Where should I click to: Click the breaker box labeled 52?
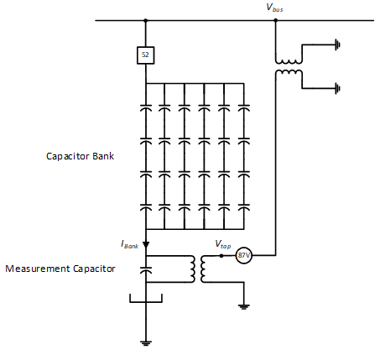point(145,55)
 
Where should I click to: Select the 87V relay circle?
point(244,255)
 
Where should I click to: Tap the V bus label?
point(274,8)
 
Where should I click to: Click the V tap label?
point(223,244)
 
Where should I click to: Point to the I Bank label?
point(129,244)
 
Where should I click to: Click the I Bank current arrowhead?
point(146,245)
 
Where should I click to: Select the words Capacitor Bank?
point(80,156)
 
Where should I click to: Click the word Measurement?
point(38,269)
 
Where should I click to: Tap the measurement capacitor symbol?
point(146,269)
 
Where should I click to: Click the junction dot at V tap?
point(221,255)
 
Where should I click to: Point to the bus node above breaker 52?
point(145,20)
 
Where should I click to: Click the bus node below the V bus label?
point(276,20)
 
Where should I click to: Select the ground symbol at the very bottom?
point(146,343)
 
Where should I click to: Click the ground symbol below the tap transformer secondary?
point(244,307)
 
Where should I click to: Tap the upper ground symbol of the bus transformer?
point(338,44)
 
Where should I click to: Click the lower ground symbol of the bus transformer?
point(338,88)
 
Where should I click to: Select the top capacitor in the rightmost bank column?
point(244,107)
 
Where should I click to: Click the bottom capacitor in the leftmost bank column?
point(146,207)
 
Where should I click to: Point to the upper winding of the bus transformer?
point(289,62)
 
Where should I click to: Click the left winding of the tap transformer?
point(193,269)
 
